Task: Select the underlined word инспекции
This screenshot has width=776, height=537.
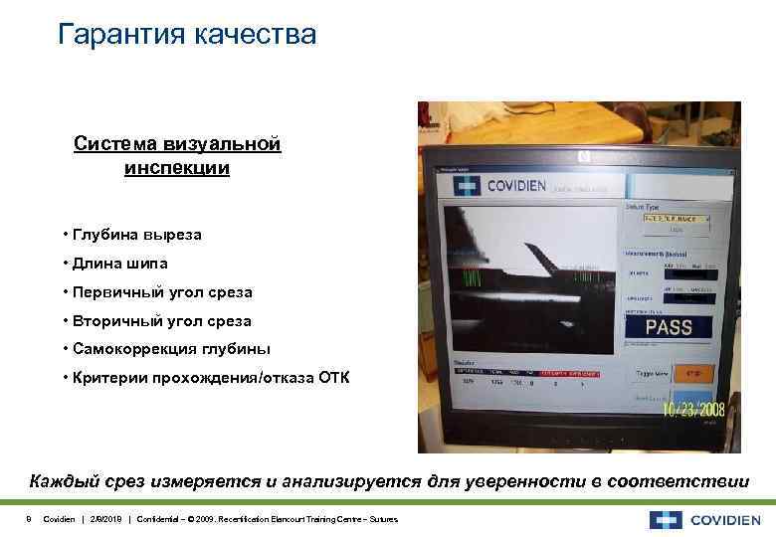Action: point(177,168)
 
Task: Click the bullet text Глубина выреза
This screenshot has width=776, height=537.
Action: point(134,235)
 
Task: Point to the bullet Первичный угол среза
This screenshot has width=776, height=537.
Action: point(160,292)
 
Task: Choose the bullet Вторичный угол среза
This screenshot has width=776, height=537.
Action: point(159,321)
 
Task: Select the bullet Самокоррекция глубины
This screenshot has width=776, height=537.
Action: point(169,349)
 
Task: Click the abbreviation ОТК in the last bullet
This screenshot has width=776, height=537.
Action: point(332,378)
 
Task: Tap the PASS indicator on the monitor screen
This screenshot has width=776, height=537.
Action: point(669,326)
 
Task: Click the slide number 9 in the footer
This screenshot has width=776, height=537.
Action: point(29,519)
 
